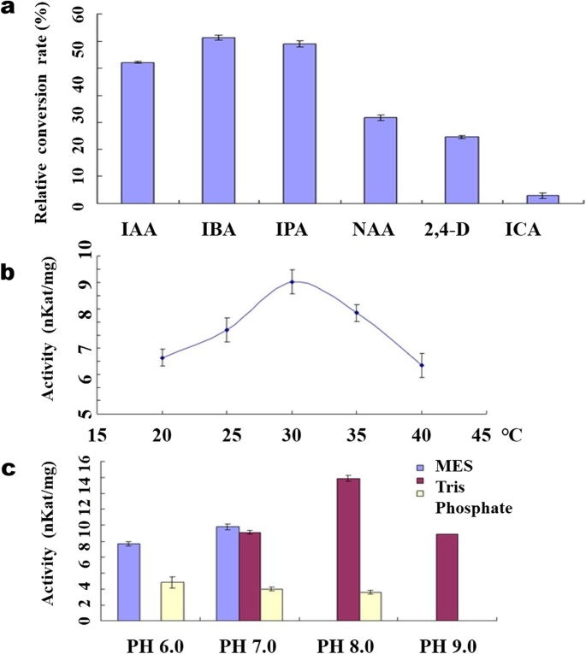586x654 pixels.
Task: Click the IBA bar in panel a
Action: (217, 121)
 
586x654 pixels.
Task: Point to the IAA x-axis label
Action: (137, 229)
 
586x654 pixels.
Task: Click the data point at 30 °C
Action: (291, 282)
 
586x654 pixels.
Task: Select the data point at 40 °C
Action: (421, 365)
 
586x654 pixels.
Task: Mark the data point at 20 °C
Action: (163, 357)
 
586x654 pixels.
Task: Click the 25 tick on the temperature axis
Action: (227, 434)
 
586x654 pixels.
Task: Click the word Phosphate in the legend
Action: (474, 508)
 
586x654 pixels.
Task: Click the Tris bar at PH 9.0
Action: (447, 577)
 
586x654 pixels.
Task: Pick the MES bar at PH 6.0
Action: (128, 581)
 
